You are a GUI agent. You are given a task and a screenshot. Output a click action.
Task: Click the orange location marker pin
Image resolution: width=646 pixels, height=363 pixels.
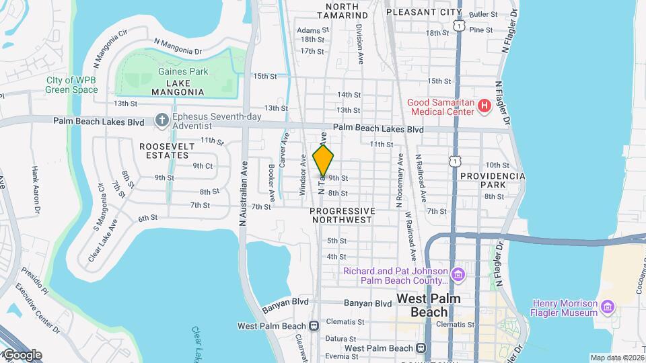pos(324,161)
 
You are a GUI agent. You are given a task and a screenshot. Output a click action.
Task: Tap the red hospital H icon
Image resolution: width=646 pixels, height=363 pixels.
pos(482,106)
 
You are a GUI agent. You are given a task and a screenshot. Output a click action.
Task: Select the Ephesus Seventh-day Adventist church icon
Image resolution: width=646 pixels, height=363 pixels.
pos(161,120)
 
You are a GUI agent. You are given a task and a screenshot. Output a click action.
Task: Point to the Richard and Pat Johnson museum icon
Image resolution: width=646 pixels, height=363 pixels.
pos(458,274)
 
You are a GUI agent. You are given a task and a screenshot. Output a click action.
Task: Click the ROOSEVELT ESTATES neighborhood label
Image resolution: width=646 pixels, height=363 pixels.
pos(167,151)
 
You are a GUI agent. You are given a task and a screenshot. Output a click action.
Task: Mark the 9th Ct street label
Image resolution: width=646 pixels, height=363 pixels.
pos(203,165)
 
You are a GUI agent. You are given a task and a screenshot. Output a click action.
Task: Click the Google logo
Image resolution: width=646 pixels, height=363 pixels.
pos(22,355)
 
